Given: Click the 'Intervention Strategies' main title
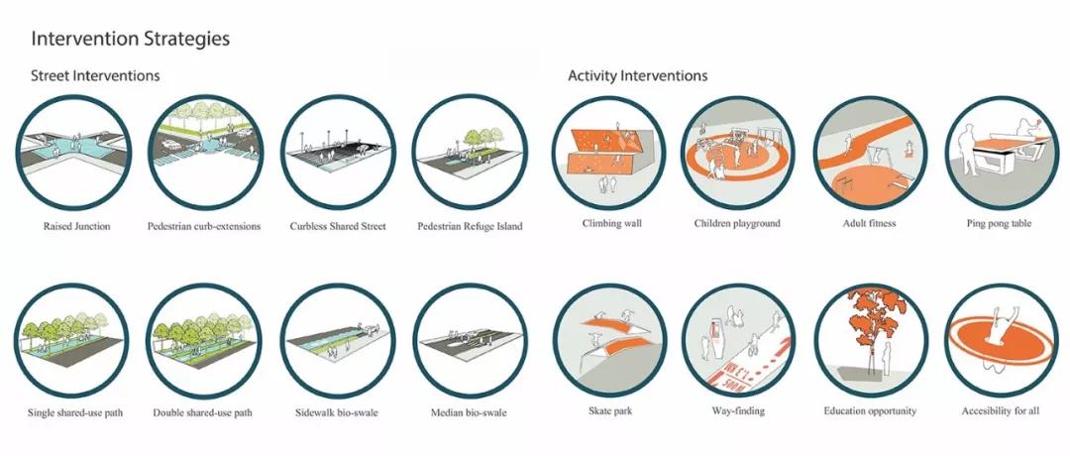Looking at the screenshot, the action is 131,39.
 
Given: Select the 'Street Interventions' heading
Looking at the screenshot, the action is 95,75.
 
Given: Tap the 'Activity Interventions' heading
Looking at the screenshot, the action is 637,75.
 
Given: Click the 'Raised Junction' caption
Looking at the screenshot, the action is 76,226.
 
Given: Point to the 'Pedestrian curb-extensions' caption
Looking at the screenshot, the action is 204,226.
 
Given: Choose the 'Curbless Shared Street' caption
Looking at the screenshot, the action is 338,226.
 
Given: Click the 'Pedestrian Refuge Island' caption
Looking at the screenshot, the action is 471,226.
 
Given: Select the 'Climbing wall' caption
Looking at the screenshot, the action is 612,223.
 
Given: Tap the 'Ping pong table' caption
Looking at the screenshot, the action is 999,223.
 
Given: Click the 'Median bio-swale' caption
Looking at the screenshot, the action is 469,413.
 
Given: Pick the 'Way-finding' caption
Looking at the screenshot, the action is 738,411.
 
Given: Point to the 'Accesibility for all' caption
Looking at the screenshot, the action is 1001,411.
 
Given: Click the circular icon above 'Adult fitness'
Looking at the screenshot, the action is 870,153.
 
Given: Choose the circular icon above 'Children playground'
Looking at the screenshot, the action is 737,153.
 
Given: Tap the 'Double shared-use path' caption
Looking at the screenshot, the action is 203,413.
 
